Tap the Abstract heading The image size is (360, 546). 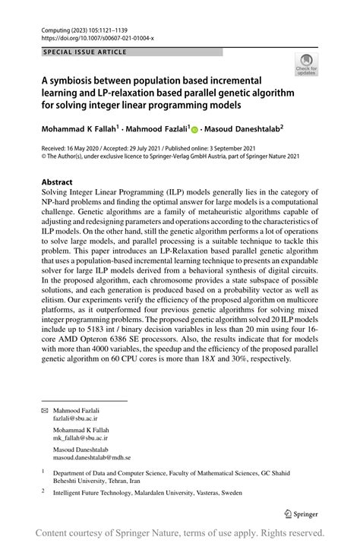click(x=58, y=182)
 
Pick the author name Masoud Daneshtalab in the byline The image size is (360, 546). click(x=241, y=129)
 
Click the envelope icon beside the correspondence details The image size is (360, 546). click(x=45, y=411)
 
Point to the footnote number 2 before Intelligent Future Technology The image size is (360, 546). click(x=44, y=491)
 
